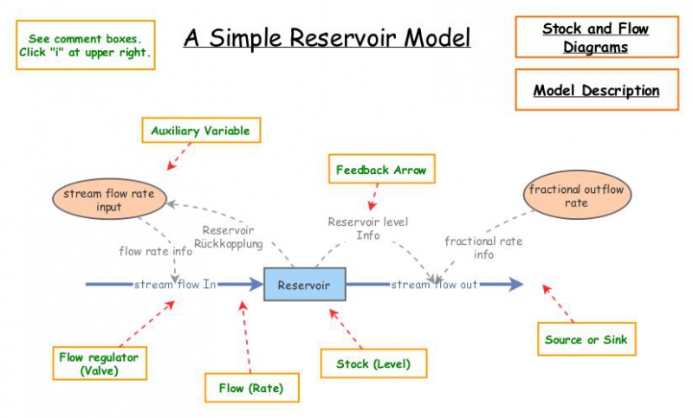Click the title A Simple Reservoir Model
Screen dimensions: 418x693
point(327,39)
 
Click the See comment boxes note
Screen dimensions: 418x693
point(85,46)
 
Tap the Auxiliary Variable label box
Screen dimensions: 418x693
point(200,131)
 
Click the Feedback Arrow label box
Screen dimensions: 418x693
point(381,170)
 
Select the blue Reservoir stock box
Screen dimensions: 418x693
point(304,285)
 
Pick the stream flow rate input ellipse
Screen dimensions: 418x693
point(108,200)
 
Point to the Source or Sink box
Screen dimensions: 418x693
point(586,339)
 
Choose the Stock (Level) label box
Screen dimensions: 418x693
point(373,363)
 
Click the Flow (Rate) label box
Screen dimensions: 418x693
point(251,387)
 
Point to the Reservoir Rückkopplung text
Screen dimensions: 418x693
point(227,237)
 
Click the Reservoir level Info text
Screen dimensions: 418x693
point(367,228)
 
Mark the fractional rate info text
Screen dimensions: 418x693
point(483,248)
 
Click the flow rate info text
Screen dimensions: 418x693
point(156,252)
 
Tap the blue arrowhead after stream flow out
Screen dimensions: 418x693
point(515,285)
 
